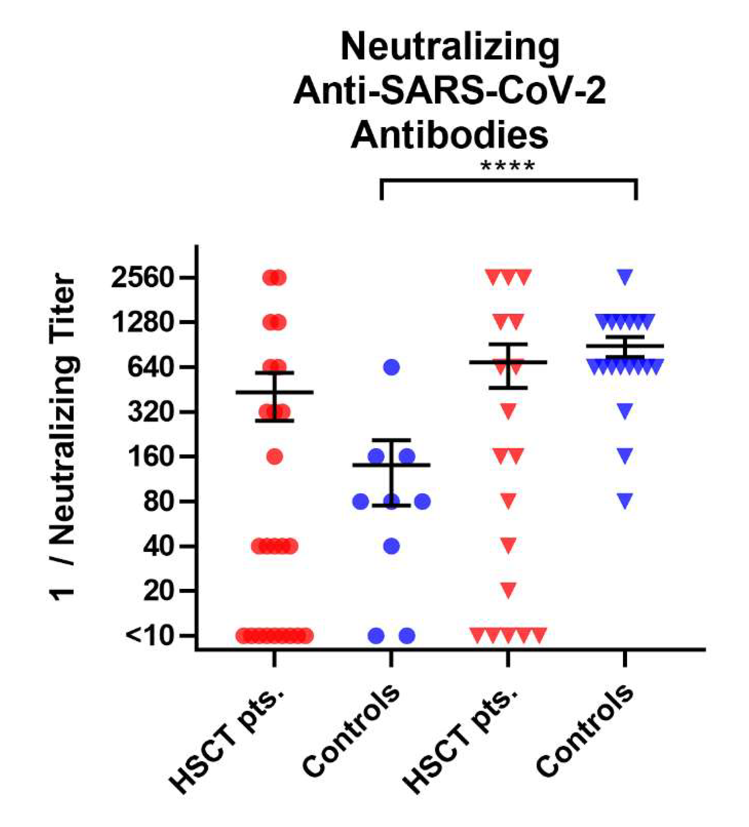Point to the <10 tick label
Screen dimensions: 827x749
coord(148,636)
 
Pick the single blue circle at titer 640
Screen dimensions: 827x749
coord(391,367)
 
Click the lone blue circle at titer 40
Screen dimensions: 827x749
coord(391,546)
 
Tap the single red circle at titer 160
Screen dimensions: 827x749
coord(274,456)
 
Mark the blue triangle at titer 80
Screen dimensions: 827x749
coord(625,500)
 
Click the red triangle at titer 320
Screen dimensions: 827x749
coord(508,410)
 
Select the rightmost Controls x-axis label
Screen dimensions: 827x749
coord(585,730)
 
